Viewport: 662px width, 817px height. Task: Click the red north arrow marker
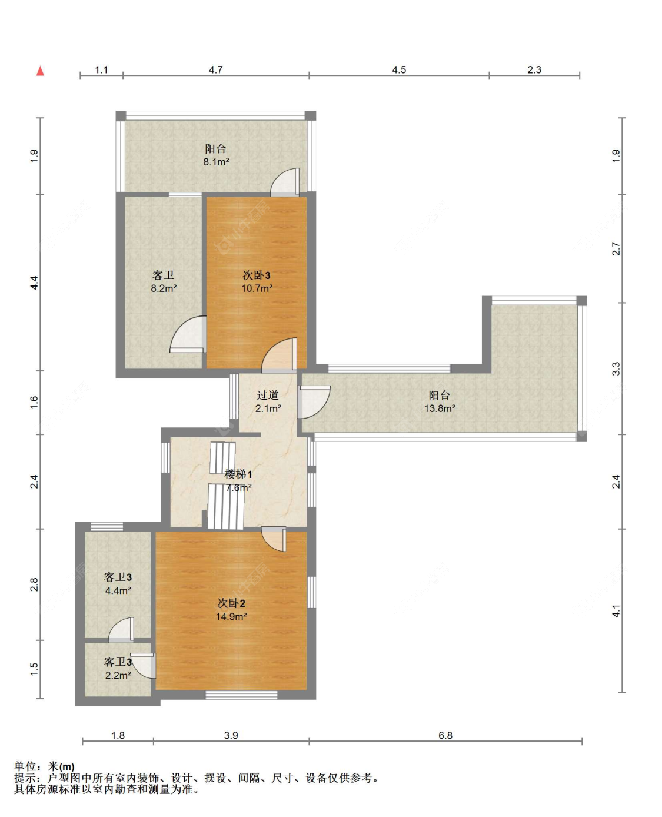coord(40,71)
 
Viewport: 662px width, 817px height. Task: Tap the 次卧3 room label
coord(257,275)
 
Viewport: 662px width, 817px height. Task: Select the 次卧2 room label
coord(231,603)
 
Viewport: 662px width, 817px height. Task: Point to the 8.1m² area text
coord(216,162)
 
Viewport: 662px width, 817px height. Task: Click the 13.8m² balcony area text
coord(440,408)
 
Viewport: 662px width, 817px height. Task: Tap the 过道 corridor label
coord(268,395)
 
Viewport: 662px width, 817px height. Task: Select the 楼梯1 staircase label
coord(238,474)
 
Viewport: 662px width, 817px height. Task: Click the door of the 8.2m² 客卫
coord(188,334)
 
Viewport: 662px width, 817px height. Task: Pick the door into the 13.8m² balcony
coord(314,402)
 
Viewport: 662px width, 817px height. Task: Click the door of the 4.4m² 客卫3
coord(121,630)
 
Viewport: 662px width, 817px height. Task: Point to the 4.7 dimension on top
coord(216,70)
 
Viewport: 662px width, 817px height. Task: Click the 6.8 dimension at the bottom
coord(445,735)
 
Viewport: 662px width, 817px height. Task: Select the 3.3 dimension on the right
coord(616,368)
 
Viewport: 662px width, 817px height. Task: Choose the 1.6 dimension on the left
coord(34,402)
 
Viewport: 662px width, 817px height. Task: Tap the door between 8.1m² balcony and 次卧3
coord(284,182)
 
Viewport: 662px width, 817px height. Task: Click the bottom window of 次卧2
coord(241,695)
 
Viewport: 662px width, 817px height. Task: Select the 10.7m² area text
coord(257,288)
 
